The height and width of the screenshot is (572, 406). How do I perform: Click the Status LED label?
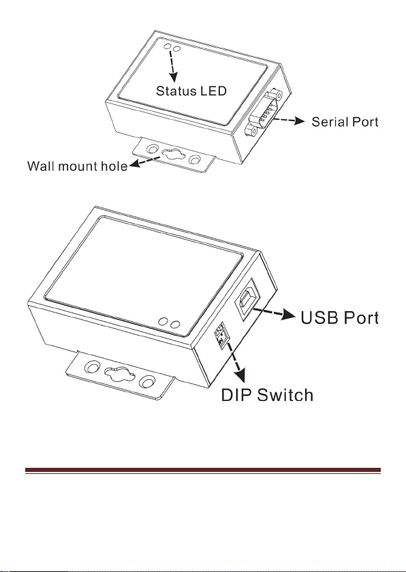(x=191, y=91)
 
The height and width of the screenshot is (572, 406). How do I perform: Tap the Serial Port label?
(x=345, y=121)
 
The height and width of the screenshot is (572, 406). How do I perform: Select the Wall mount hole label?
(x=78, y=166)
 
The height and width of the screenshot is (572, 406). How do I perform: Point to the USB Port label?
(x=339, y=318)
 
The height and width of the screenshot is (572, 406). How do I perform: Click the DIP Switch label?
(x=267, y=395)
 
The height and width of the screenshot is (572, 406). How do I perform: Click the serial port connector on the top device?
(x=264, y=112)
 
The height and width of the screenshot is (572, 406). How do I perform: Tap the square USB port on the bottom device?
(x=248, y=298)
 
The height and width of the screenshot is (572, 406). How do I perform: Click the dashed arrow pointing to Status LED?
(x=172, y=67)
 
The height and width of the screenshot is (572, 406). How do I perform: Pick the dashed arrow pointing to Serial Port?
(x=289, y=120)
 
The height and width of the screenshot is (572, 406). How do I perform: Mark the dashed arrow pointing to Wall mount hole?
(x=145, y=161)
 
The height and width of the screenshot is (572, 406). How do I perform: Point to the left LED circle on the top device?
(x=168, y=47)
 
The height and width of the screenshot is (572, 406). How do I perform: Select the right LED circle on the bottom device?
(x=176, y=323)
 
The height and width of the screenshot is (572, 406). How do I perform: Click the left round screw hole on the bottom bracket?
(x=92, y=367)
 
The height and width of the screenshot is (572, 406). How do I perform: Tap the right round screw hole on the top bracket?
(x=195, y=160)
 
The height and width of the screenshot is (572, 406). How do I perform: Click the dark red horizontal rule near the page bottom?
(x=203, y=471)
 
